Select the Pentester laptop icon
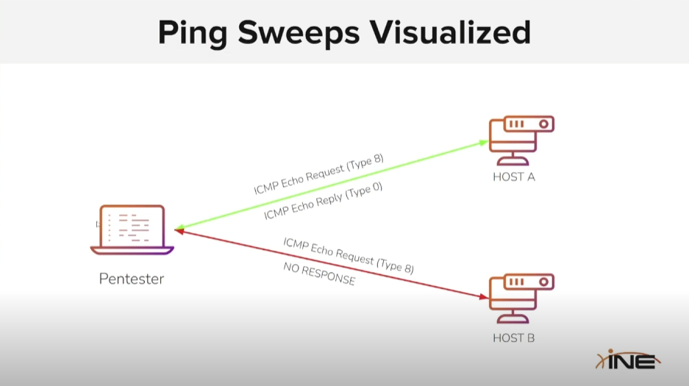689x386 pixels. pos(132,229)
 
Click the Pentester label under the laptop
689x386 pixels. pos(132,279)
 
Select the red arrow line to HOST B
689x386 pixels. pos(331,265)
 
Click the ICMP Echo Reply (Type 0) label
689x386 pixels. pos(323,201)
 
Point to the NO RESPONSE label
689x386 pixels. pos(319,274)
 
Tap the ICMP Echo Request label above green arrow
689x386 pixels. pos(318,175)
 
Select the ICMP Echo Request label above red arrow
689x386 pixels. pos(348,256)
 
